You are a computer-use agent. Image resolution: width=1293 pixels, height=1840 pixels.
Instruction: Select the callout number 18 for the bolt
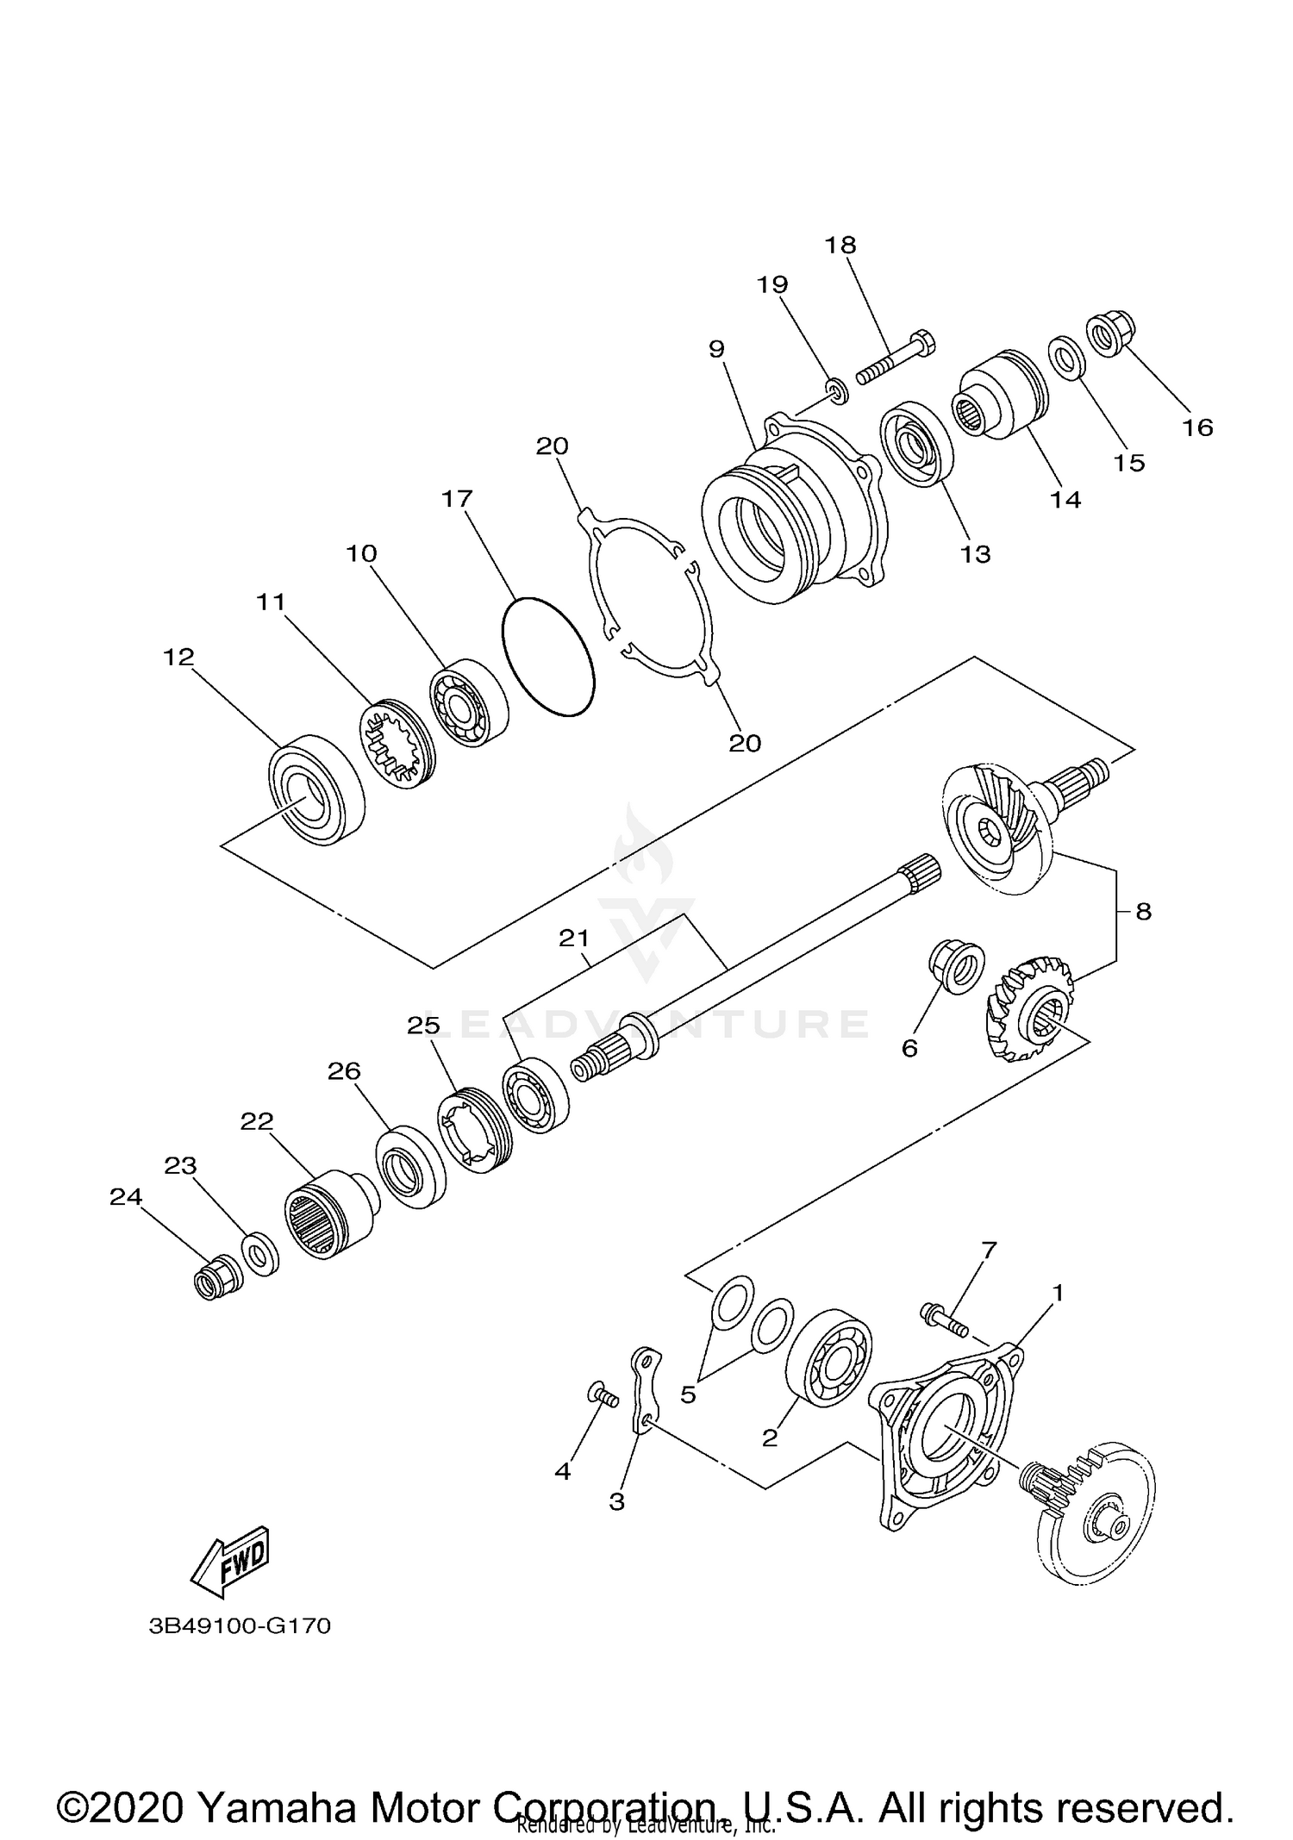coord(840,246)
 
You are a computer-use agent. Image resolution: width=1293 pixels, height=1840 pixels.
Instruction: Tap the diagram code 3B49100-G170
coord(240,1626)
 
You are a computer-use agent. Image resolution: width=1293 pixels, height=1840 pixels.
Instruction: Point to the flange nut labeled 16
coord(1112,334)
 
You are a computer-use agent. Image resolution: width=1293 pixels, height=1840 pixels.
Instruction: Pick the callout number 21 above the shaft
coord(573,939)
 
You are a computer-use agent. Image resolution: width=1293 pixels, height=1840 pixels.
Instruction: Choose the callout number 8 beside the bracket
coord(1143,911)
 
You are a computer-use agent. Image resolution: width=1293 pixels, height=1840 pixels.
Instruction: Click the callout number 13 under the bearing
coord(975,554)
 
